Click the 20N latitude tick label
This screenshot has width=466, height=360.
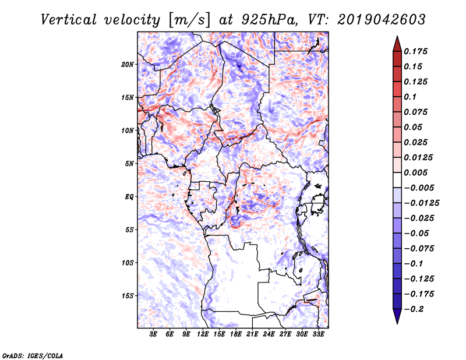(x=128, y=65)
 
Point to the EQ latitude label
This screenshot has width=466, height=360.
(x=129, y=197)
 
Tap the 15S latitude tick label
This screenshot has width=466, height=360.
(x=128, y=296)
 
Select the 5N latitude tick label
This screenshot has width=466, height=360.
(x=129, y=164)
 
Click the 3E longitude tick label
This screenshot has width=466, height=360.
(x=153, y=334)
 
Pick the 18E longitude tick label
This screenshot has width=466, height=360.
(x=236, y=334)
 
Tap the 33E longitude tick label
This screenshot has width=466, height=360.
(x=318, y=334)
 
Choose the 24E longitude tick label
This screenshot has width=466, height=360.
(x=269, y=334)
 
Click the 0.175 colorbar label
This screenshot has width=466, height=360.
(x=415, y=51)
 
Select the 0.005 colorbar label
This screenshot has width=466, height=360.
(x=415, y=172)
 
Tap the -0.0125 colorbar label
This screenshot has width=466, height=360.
(x=421, y=203)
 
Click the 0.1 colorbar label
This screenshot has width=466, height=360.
(x=410, y=97)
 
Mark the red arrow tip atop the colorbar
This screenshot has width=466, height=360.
(x=397, y=36)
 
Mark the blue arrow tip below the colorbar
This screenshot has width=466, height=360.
(x=397, y=323)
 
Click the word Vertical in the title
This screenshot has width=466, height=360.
(x=69, y=20)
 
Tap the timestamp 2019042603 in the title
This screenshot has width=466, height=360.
(x=382, y=20)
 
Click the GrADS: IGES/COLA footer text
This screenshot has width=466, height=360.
(x=33, y=355)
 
